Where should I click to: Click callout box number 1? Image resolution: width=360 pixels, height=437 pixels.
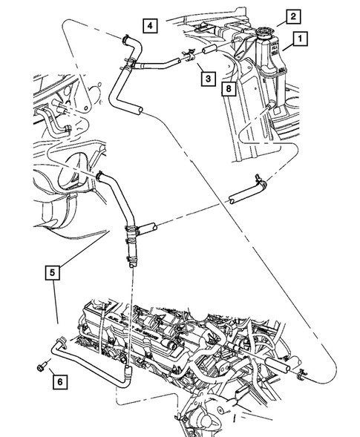[x=300, y=36]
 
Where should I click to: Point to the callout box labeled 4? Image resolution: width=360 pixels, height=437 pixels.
[x=150, y=27]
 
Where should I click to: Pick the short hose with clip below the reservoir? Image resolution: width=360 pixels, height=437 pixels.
[x=245, y=194]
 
